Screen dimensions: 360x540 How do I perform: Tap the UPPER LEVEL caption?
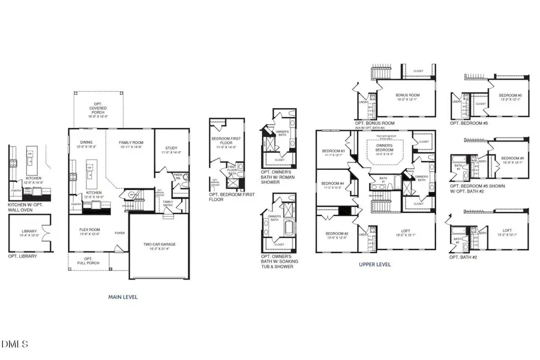[x=375, y=264]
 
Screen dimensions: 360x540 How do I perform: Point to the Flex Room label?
[x=89, y=231]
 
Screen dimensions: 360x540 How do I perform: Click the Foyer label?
[x=119, y=233]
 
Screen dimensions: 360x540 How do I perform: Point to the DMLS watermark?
[x=15, y=344]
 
